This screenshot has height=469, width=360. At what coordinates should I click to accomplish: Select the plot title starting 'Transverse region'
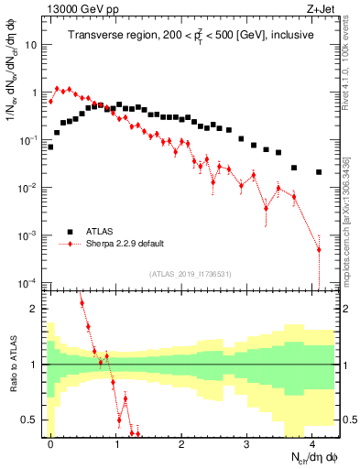pyautogui.click(x=190, y=37)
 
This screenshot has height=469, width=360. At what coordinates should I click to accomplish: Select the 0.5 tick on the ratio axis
pyautogui.click(x=30, y=420)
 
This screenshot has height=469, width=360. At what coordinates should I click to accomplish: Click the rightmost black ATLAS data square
pyautogui.click(x=319, y=172)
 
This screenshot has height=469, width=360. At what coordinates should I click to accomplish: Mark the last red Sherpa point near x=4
pyautogui.click(x=319, y=249)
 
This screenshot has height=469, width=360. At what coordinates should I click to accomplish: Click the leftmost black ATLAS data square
pyautogui.click(x=50, y=147)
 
